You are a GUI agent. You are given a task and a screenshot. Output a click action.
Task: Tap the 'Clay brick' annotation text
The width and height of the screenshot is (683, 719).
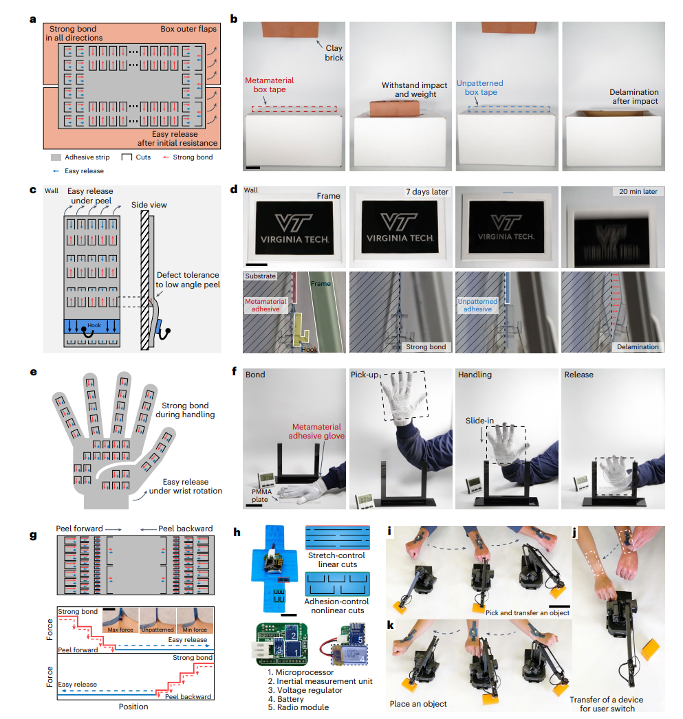(x=334, y=53)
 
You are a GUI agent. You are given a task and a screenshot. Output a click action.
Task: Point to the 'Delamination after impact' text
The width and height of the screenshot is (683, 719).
(x=633, y=96)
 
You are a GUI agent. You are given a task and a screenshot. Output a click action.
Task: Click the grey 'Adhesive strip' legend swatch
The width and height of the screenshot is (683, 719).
(x=56, y=157)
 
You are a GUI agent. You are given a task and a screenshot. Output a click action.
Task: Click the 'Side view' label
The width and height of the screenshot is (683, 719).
(x=149, y=205)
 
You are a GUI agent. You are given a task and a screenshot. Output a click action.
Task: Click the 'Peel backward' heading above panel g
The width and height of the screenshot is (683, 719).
(x=185, y=528)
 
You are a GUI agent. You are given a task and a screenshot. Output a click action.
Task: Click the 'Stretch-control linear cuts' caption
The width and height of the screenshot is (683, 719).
(x=337, y=560)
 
